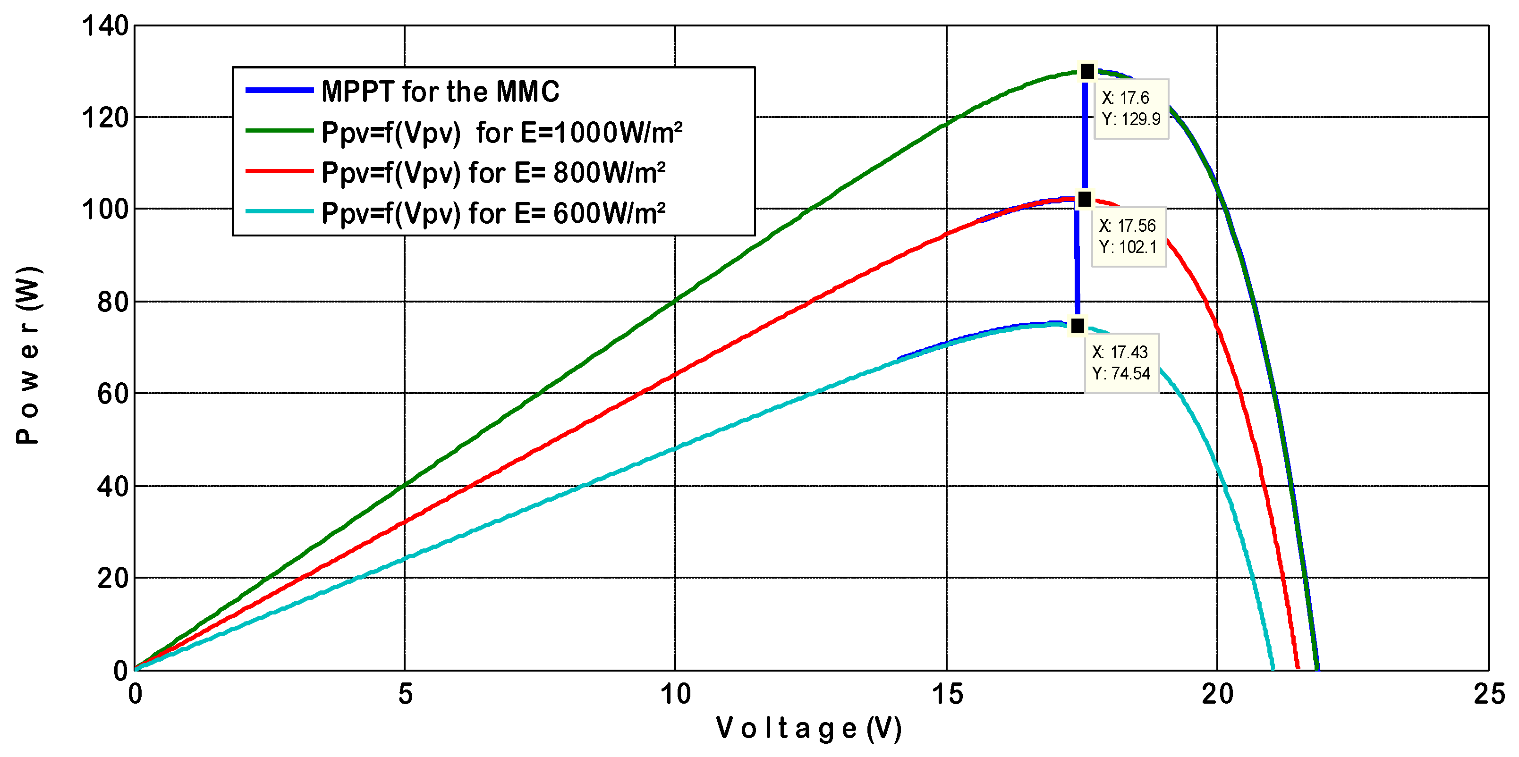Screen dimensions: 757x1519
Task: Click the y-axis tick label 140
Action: click(x=105, y=26)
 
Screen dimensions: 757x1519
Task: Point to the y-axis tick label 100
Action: click(x=105, y=209)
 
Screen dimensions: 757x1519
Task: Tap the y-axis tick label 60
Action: click(x=113, y=394)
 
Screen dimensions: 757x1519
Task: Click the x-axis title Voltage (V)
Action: click(x=808, y=729)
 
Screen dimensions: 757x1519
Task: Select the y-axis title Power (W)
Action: click(x=28, y=355)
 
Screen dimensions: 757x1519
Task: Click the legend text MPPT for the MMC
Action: click(x=440, y=92)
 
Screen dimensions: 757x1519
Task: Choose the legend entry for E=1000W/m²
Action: click(x=502, y=133)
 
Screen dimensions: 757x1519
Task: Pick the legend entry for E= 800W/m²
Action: click(x=493, y=173)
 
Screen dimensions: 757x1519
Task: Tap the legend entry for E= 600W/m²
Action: click(x=493, y=213)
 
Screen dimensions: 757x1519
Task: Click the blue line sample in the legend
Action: click(x=279, y=90)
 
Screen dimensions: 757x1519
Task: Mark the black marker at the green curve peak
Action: click(x=1087, y=71)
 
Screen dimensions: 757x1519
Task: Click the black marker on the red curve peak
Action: click(x=1084, y=200)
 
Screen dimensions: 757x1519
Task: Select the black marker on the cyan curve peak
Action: click(x=1078, y=326)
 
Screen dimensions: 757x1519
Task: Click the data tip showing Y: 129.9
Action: click(x=1131, y=109)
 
